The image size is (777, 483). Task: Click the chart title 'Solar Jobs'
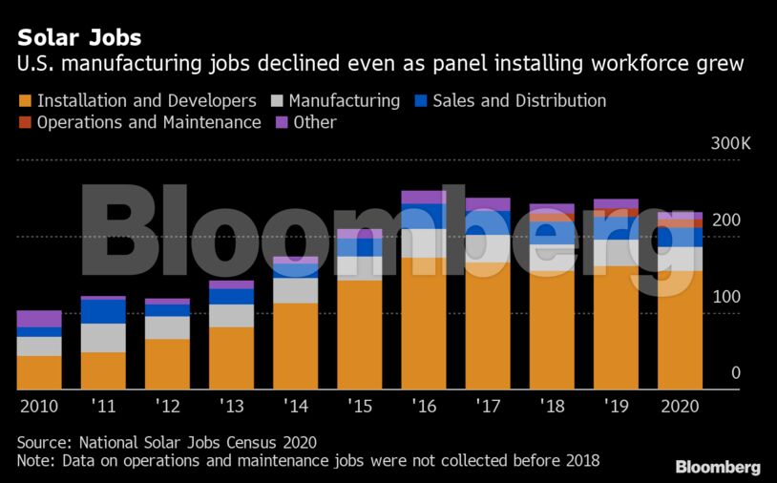[x=79, y=38]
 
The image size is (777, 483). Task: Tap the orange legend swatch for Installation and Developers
[x=25, y=100]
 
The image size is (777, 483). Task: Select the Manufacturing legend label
[x=344, y=100]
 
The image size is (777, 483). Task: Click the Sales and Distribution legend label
[x=519, y=100]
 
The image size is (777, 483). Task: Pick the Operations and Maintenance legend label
[x=149, y=122]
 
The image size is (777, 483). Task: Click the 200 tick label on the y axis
[x=727, y=220]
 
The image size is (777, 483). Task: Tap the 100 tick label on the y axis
[x=727, y=297]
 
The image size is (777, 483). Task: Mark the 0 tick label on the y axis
[x=735, y=372]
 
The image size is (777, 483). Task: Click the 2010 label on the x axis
[x=38, y=406]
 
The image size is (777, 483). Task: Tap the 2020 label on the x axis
[x=680, y=406]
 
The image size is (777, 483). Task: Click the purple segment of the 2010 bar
[x=39, y=319]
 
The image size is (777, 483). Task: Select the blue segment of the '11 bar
[x=103, y=311]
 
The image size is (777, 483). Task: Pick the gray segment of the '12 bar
[x=167, y=327]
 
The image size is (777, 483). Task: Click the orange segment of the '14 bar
[x=295, y=346]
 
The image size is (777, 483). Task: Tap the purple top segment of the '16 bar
[x=424, y=197]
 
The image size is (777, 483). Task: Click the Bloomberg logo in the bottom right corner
[x=718, y=467]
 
